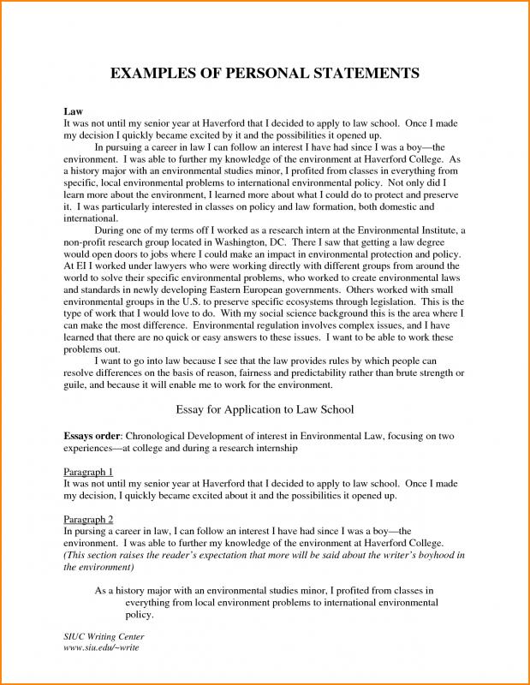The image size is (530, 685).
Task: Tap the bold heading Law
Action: pyautogui.click(x=74, y=112)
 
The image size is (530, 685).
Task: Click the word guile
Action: pyautogui.click(x=78, y=386)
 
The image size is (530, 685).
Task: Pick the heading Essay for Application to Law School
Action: pyautogui.click(x=265, y=409)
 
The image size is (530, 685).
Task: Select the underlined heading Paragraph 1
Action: pyautogui.click(x=89, y=472)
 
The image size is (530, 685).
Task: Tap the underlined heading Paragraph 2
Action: pyautogui.click(x=89, y=519)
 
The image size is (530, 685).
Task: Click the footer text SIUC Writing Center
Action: pyautogui.click(x=104, y=637)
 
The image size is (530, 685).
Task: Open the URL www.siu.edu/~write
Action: pyautogui.click(x=101, y=647)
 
